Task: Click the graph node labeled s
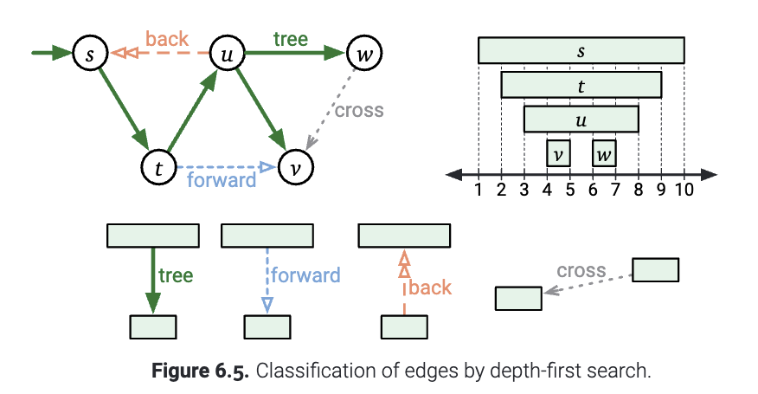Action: click(x=89, y=54)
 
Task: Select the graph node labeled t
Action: click(x=159, y=166)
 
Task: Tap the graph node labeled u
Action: click(x=228, y=54)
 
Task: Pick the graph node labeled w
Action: click(x=363, y=54)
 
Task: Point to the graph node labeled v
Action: click(x=294, y=166)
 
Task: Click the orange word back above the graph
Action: click(x=167, y=39)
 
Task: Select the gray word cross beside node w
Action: click(x=358, y=110)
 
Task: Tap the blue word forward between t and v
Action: click(x=222, y=180)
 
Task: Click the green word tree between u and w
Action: click(x=291, y=39)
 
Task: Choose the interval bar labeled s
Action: click(x=581, y=51)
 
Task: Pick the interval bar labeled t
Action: click(x=581, y=85)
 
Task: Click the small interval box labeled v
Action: click(x=558, y=153)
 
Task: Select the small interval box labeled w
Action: click(x=604, y=153)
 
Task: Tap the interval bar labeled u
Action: click(x=581, y=119)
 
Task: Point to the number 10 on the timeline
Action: click(x=684, y=191)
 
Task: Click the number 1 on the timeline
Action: click(x=479, y=191)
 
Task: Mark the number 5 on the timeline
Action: click(x=569, y=191)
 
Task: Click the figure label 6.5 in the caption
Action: click(x=231, y=372)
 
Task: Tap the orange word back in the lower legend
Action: click(x=430, y=287)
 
